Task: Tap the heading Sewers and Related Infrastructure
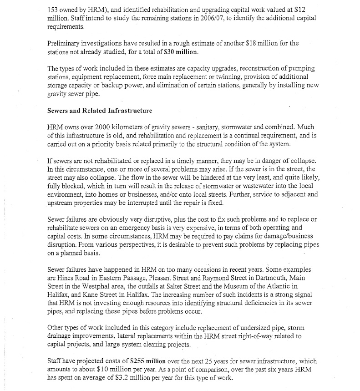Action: click(100, 110)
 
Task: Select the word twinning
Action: click(232, 77)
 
